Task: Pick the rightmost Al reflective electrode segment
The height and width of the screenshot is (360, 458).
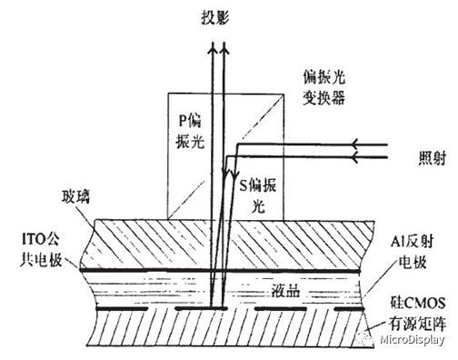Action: tap(347, 310)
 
